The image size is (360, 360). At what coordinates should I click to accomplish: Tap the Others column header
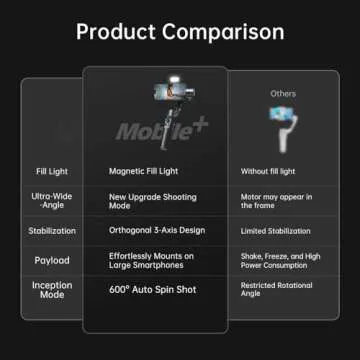coord(283,93)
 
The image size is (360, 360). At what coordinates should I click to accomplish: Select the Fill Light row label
coord(51,171)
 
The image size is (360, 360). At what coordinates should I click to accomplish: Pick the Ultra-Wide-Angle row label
coord(51,201)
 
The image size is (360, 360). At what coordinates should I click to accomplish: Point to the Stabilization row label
coord(51,230)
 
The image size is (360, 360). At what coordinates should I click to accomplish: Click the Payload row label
coord(51,260)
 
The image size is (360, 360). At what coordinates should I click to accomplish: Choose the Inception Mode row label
coord(51,291)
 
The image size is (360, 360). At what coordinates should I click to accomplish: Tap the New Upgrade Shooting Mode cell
coord(152,201)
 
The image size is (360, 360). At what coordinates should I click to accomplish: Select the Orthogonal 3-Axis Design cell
coord(156,230)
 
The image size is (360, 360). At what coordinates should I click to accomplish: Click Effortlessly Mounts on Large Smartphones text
coord(152,260)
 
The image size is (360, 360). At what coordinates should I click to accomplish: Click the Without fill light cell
coord(268,171)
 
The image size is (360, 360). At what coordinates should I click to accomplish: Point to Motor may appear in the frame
coord(277,201)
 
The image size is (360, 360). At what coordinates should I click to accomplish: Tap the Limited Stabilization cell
coord(276,230)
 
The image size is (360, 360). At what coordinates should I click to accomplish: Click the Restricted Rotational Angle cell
coord(276,291)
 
